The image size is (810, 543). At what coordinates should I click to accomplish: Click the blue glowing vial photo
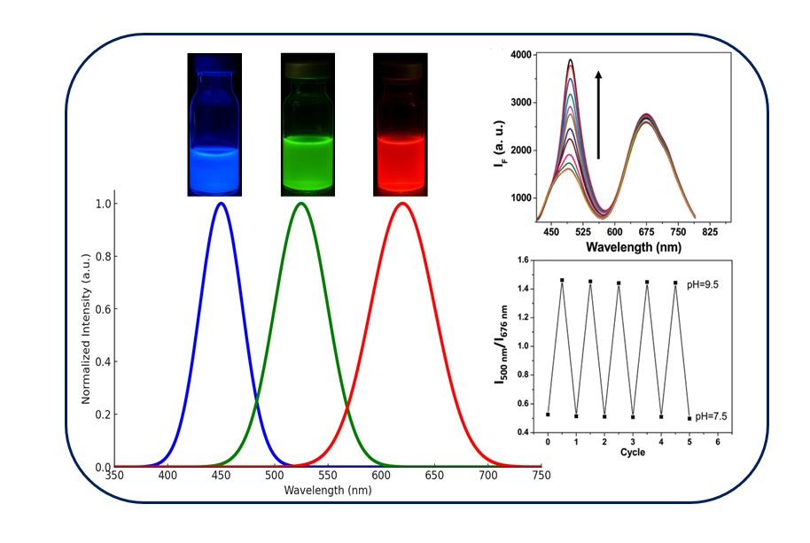pos(214,124)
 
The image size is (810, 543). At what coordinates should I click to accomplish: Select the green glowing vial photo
pos(308,124)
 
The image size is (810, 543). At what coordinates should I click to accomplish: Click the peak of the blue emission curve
pos(221,204)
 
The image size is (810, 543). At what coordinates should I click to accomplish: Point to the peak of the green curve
pos(301,204)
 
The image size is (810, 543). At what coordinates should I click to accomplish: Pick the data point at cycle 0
pos(548,415)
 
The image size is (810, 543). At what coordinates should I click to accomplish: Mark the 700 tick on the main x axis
pos(488,477)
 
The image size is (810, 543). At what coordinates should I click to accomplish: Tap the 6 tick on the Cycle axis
pos(717,440)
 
